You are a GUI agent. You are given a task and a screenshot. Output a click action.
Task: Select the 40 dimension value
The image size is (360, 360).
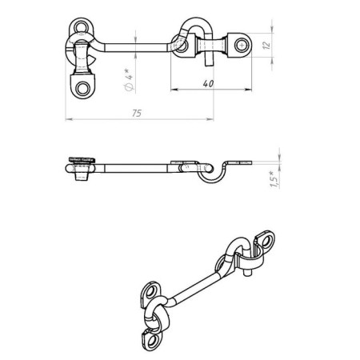coord(208,82)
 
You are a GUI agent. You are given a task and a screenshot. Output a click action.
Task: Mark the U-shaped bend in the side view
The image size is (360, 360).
coord(210,175)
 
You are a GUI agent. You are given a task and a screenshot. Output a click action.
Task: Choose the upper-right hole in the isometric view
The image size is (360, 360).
coord(266,238)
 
